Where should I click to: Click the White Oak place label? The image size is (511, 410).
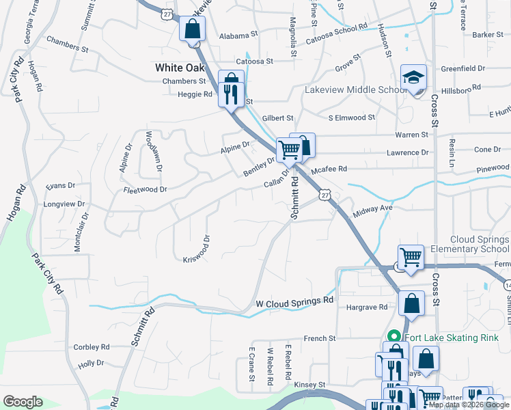click(x=180, y=67)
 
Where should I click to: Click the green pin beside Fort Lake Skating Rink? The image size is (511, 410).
click(x=393, y=337)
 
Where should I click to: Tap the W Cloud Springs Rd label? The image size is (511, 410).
click(x=294, y=300)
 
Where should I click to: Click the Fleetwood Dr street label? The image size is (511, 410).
click(x=144, y=189)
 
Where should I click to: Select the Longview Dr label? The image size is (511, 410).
click(x=64, y=204)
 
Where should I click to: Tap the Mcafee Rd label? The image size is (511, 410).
click(x=329, y=168)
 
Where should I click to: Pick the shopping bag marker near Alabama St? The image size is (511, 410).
click(x=193, y=29)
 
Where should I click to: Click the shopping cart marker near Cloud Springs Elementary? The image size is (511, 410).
click(x=411, y=258)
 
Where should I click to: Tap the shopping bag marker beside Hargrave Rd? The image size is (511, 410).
click(x=411, y=303)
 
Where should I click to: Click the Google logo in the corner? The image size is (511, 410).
click(x=23, y=402)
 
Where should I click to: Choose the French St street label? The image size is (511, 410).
click(x=320, y=338)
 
